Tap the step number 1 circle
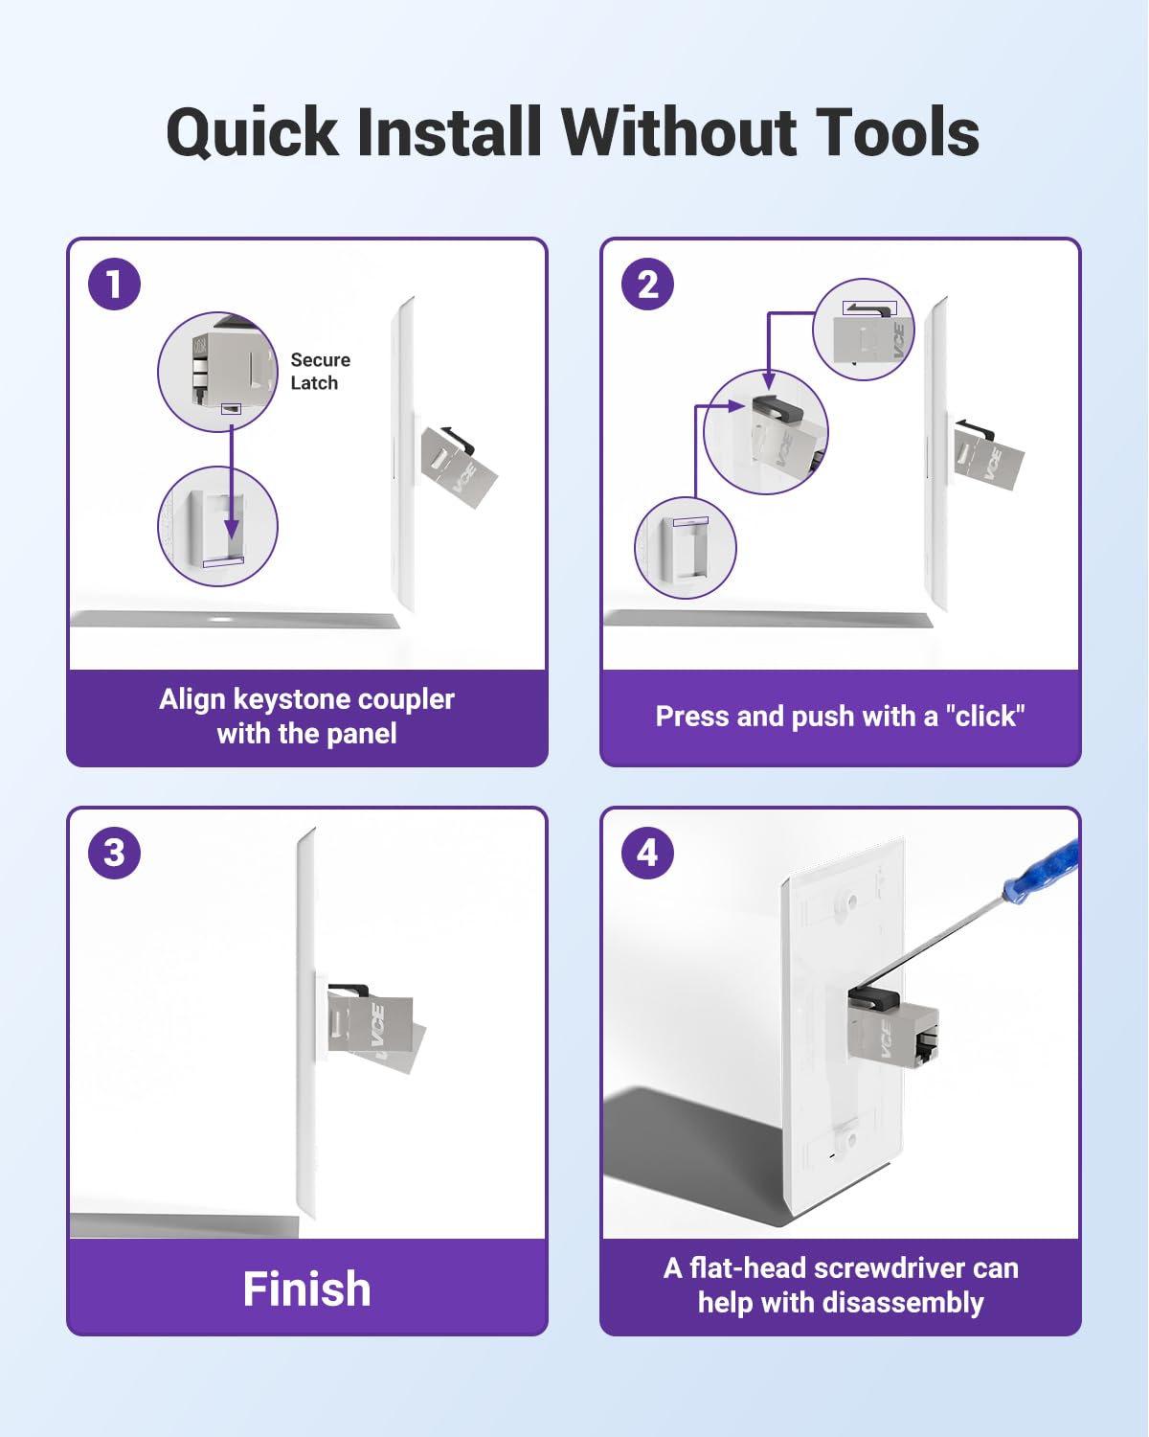114,285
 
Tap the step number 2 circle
647,285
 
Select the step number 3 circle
114,853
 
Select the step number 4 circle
647,853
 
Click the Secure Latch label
320,372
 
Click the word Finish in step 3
306,1289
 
